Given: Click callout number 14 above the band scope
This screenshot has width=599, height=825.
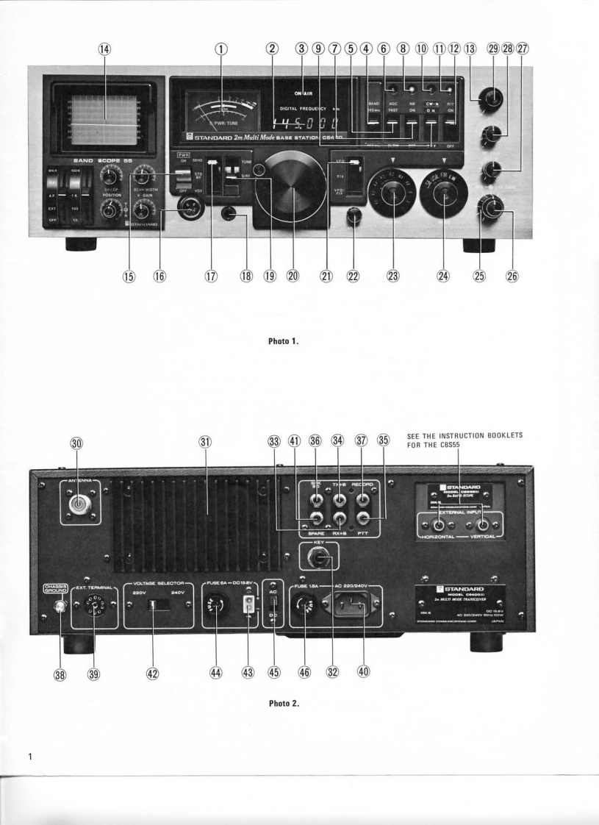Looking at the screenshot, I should tap(104, 49).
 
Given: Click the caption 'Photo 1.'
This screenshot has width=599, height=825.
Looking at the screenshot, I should tap(284, 341).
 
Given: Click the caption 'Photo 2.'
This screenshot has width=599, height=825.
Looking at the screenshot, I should tap(284, 704).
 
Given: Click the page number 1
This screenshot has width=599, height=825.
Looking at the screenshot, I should tap(30, 757).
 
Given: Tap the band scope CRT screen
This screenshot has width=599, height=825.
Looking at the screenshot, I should tap(104, 116).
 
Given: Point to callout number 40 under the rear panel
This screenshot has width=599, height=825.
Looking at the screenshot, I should tap(363, 671).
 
